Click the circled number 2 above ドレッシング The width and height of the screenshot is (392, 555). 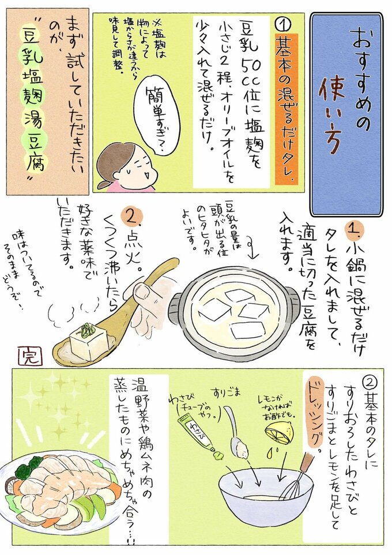click(x=373, y=382)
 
